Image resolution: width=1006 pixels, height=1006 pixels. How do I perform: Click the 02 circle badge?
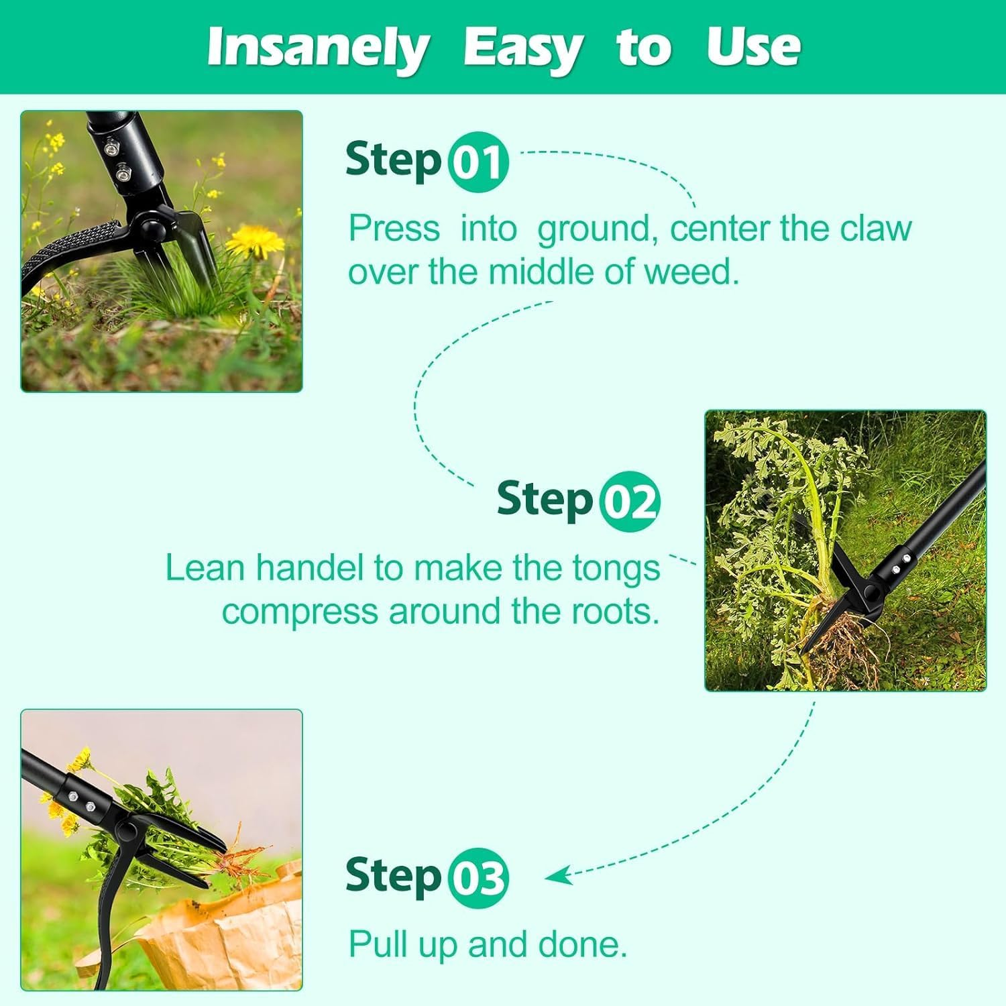pyautogui.click(x=630, y=502)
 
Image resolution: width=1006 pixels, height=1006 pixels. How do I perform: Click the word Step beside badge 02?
pyautogui.click(x=545, y=500)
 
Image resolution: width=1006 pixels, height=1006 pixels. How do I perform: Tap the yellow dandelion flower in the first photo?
pyautogui.click(x=255, y=240)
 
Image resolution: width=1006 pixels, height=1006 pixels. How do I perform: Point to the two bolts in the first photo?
pyautogui.click(x=117, y=158)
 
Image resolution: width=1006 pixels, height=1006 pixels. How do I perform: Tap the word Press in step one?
pyautogui.click(x=394, y=229)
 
